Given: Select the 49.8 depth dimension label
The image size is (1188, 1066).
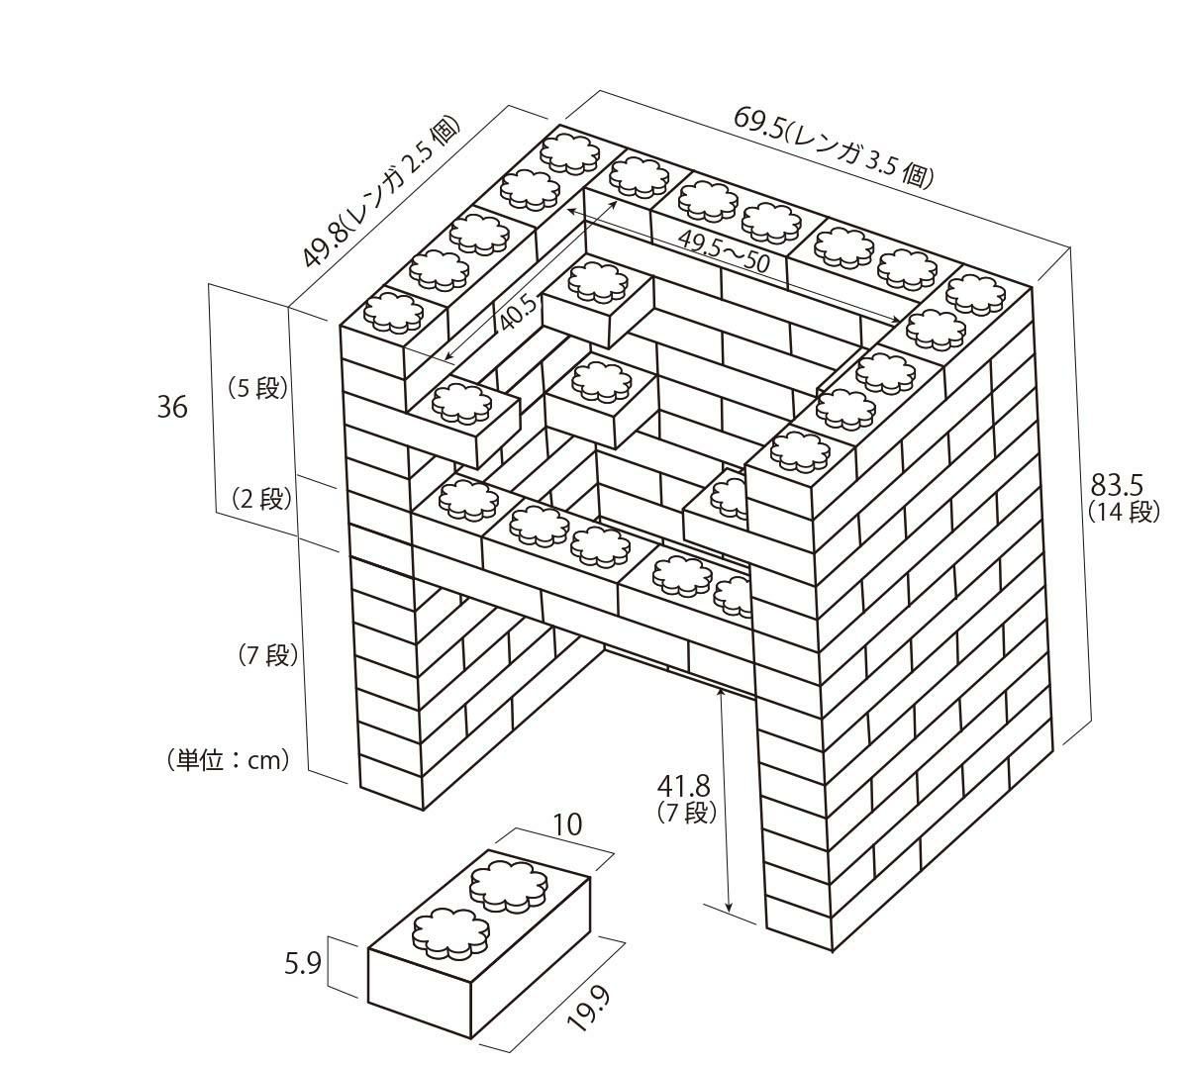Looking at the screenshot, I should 380,192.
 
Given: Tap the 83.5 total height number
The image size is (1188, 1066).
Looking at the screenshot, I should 1117,485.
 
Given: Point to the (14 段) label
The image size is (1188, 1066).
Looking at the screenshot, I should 1122,512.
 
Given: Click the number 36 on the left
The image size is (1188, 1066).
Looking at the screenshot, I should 172,406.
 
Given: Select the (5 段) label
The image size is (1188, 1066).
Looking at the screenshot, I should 258,387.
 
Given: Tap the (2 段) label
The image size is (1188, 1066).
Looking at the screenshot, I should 258,498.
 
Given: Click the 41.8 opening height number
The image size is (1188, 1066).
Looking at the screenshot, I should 684,786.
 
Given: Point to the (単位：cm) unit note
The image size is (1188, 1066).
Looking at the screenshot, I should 229,760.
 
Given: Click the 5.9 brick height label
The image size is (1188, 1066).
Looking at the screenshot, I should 302,964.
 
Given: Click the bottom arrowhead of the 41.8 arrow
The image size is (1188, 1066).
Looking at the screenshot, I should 729,908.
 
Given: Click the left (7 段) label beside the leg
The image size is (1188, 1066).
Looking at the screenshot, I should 267,654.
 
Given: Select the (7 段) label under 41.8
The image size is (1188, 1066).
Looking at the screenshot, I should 685,814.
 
